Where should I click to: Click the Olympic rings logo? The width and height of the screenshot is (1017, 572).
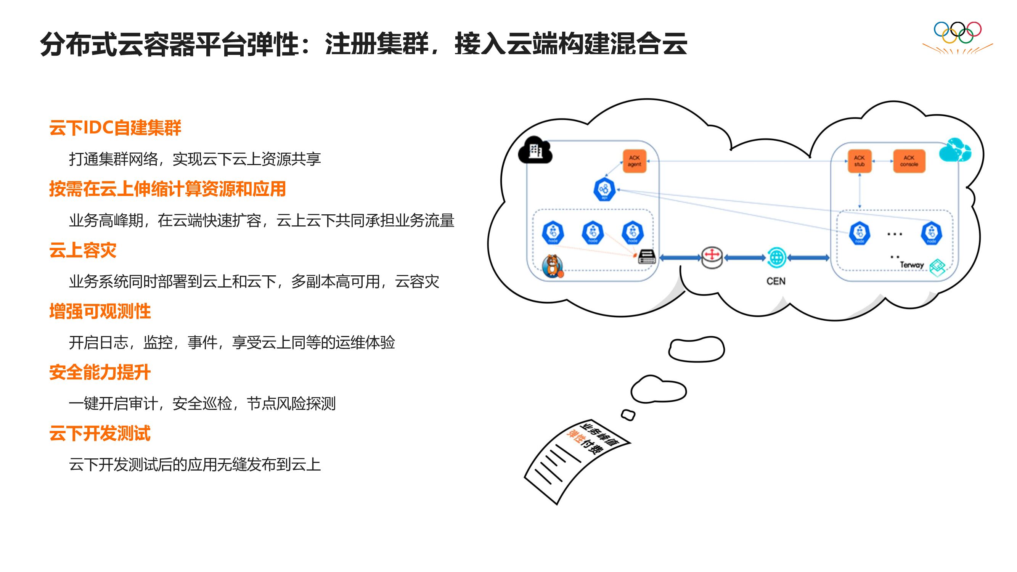(958, 33)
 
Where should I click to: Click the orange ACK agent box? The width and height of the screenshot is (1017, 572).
(635, 161)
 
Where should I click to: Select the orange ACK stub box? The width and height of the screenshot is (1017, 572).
(860, 161)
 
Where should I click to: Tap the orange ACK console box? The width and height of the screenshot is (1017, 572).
(909, 161)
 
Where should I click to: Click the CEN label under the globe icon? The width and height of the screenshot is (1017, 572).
(776, 281)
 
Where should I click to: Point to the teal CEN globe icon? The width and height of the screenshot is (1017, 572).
(776, 257)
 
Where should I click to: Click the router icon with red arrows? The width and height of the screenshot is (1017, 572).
(712, 257)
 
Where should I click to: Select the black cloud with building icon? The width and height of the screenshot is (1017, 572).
(535, 150)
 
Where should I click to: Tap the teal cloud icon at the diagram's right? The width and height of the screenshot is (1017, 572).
(954, 150)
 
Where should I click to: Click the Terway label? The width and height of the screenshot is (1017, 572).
(912, 265)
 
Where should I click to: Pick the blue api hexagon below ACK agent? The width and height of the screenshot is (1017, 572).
(604, 190)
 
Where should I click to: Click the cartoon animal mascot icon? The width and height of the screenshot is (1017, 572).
(552, 266)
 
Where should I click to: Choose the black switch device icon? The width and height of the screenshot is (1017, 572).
(647, 257)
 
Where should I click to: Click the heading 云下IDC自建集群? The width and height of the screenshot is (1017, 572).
(115, 128)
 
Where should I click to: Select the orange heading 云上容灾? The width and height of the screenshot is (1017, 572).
(82, 250)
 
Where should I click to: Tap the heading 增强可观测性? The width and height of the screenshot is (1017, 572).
(100, 312)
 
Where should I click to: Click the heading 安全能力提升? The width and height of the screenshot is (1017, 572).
(100, 372)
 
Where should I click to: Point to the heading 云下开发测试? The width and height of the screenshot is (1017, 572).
(100, 434)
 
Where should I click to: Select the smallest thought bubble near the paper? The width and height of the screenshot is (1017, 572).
(628, 415)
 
